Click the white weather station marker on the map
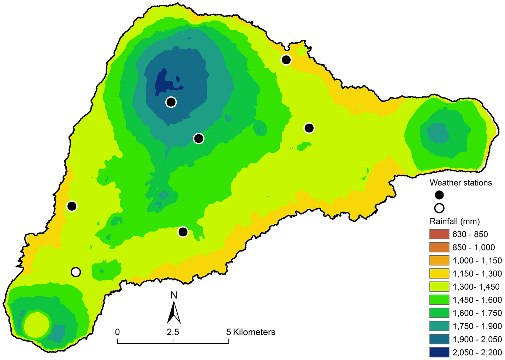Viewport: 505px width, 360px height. click(76, 272)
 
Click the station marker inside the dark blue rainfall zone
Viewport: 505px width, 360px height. click(171, 102)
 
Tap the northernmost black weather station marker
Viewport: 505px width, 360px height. click(286, 60)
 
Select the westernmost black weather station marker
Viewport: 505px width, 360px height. click(72, 206)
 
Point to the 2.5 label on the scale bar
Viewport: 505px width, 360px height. click(173, 332)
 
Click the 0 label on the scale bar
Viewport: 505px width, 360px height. click(117, 332)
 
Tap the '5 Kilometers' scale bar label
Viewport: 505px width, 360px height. click(251, 332)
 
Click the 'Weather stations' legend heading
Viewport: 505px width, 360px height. click(461, 183)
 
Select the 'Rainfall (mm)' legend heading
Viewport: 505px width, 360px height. click(454, 222)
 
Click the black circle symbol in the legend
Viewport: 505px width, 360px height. click(439, 195)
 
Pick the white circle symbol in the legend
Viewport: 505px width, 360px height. click(439, 208)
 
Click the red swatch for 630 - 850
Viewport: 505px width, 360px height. click(439, 234)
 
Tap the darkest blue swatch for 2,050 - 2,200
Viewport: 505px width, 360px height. click(439, 352)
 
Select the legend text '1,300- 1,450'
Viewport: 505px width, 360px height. click(476, 287)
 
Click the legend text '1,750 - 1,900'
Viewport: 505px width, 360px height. click(477, 326)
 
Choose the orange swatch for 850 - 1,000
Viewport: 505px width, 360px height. click(439, 247)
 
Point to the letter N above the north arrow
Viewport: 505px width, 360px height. click(174, 295)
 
